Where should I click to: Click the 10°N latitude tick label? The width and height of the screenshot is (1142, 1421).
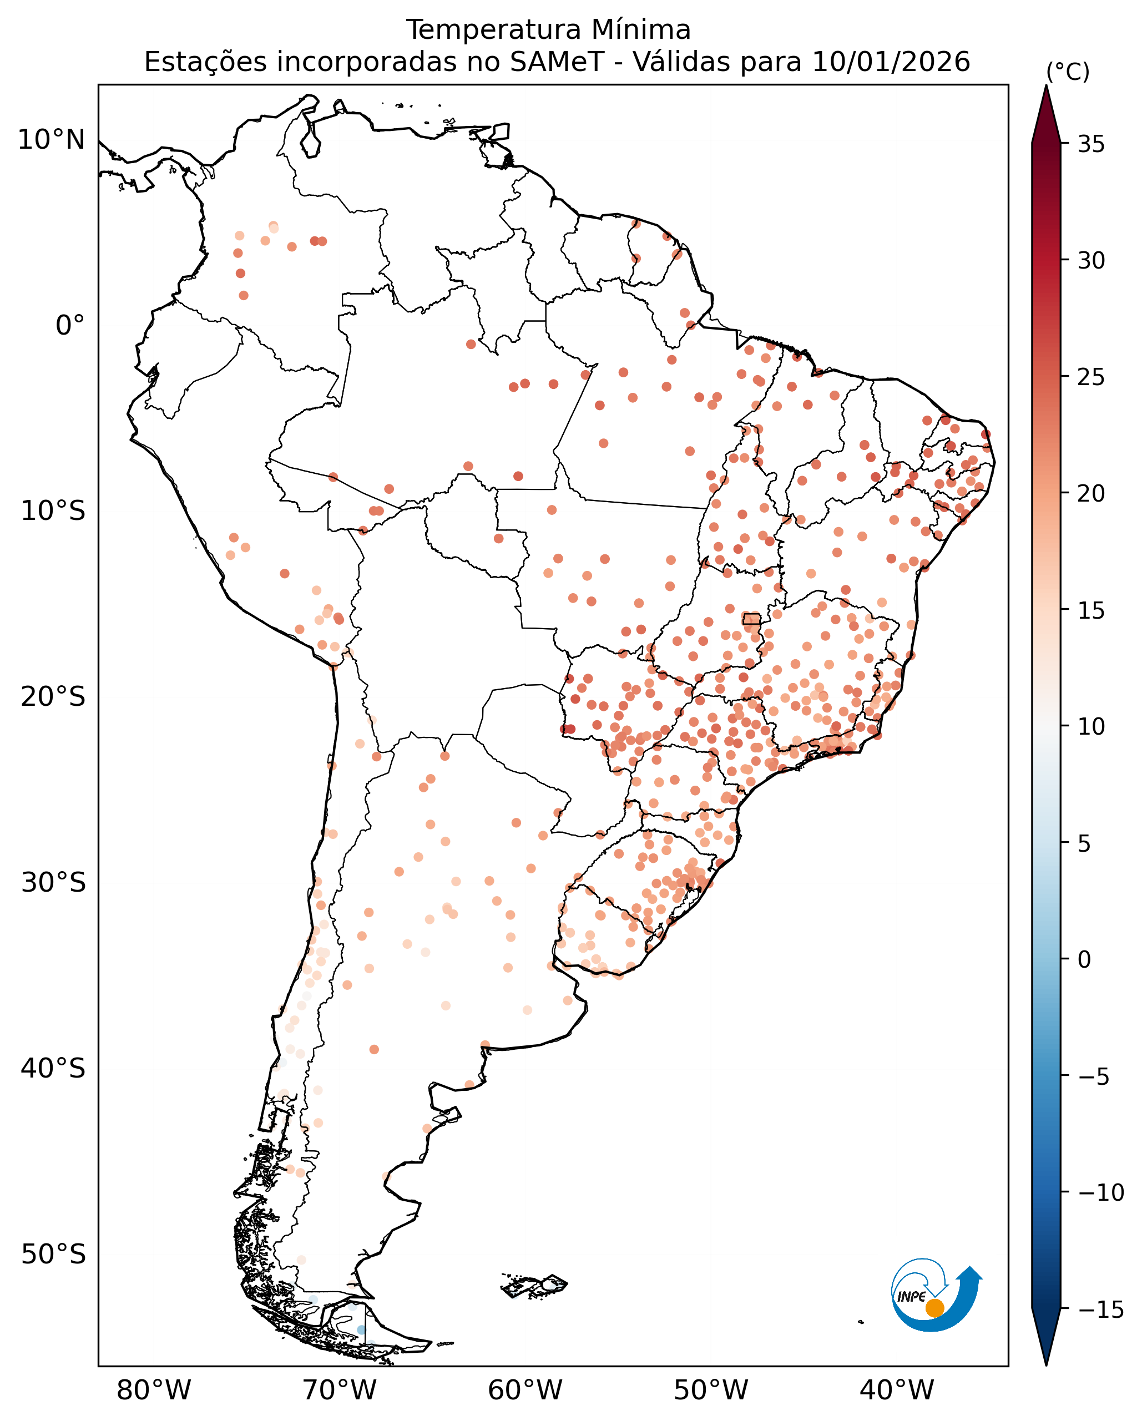52,140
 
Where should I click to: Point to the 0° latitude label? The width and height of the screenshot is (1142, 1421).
70,326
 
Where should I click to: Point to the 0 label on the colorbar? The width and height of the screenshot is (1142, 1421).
1084,960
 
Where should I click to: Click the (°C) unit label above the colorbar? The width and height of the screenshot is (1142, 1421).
1068,72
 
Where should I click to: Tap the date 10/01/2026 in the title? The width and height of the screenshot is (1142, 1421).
891,63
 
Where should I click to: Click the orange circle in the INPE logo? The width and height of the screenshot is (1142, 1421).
934,1308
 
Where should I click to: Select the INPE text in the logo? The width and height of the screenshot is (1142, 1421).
912,1296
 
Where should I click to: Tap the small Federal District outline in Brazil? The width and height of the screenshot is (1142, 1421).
751,618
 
